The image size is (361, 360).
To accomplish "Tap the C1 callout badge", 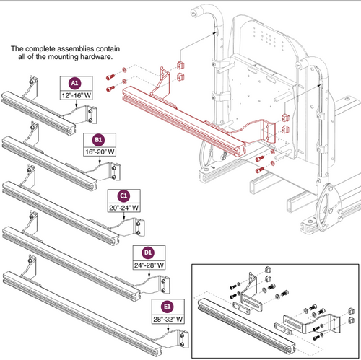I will point(124,196).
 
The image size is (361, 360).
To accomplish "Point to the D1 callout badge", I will point(147,252).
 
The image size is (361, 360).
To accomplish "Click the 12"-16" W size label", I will point(76,94).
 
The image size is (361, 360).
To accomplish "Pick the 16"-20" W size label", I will point(100,150).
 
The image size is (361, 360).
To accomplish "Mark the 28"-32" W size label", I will point(169,318).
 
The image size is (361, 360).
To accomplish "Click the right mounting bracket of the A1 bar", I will point(90,112).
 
